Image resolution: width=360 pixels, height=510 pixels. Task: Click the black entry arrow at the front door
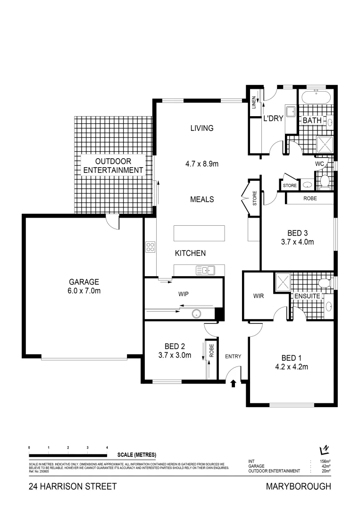click(233, 384)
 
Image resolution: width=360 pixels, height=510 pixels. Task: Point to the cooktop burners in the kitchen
click(151, 247)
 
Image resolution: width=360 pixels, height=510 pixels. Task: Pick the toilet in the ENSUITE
click(324, 283)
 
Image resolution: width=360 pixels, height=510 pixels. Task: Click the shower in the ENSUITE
click(282, 282)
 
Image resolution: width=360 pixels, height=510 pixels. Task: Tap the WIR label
click(258, 296)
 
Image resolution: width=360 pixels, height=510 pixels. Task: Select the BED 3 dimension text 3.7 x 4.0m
click(298, 242)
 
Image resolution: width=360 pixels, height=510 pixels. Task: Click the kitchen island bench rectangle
click(199, 233)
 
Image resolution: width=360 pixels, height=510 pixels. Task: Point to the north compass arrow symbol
click(324, 450)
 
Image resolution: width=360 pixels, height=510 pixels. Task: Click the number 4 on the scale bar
click(107, 447)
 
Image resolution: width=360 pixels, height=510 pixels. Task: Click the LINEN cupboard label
click(254, 102)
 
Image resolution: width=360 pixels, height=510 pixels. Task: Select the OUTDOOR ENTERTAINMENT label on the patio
click(113, 165)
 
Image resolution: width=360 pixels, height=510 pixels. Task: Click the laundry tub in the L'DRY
click(291, 111)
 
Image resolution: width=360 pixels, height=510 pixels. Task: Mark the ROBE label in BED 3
click(310, 199)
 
